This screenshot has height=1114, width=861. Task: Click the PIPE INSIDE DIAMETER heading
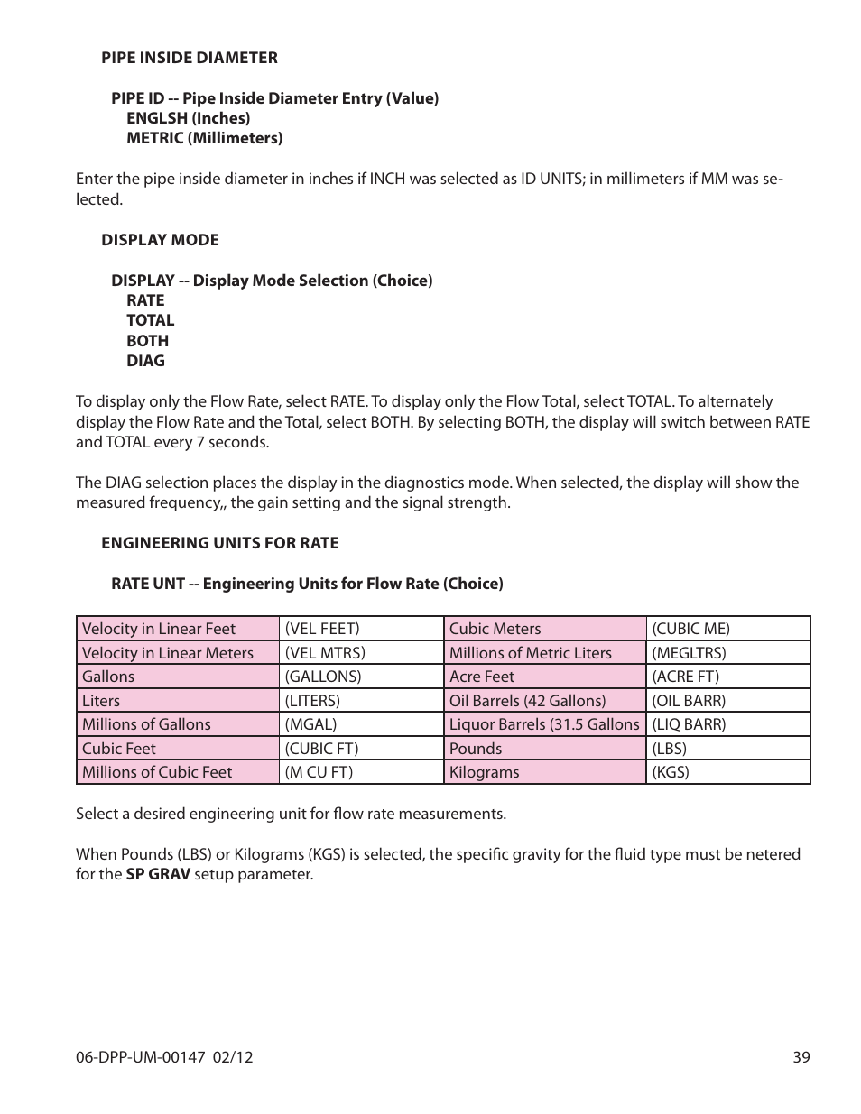189,58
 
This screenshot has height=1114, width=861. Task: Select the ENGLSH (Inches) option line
188,118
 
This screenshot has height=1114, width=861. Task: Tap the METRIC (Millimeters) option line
204,138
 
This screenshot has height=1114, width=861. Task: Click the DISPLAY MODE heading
160,240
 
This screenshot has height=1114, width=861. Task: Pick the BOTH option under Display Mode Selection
147,341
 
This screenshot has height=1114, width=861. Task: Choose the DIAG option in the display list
145,361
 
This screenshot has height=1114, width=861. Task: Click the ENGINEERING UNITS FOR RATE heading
219,543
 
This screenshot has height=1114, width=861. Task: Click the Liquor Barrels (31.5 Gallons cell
544,724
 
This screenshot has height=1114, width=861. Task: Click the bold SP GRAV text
158,874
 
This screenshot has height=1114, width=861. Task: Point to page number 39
801,1057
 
